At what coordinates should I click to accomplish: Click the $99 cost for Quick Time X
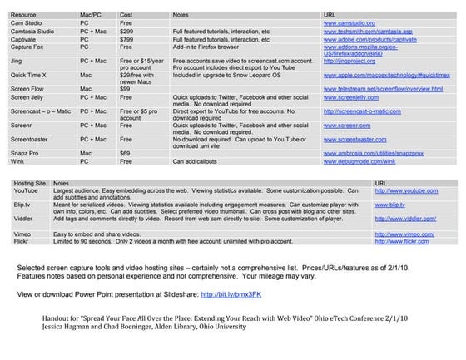124,85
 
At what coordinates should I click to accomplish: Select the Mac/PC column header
90,15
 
